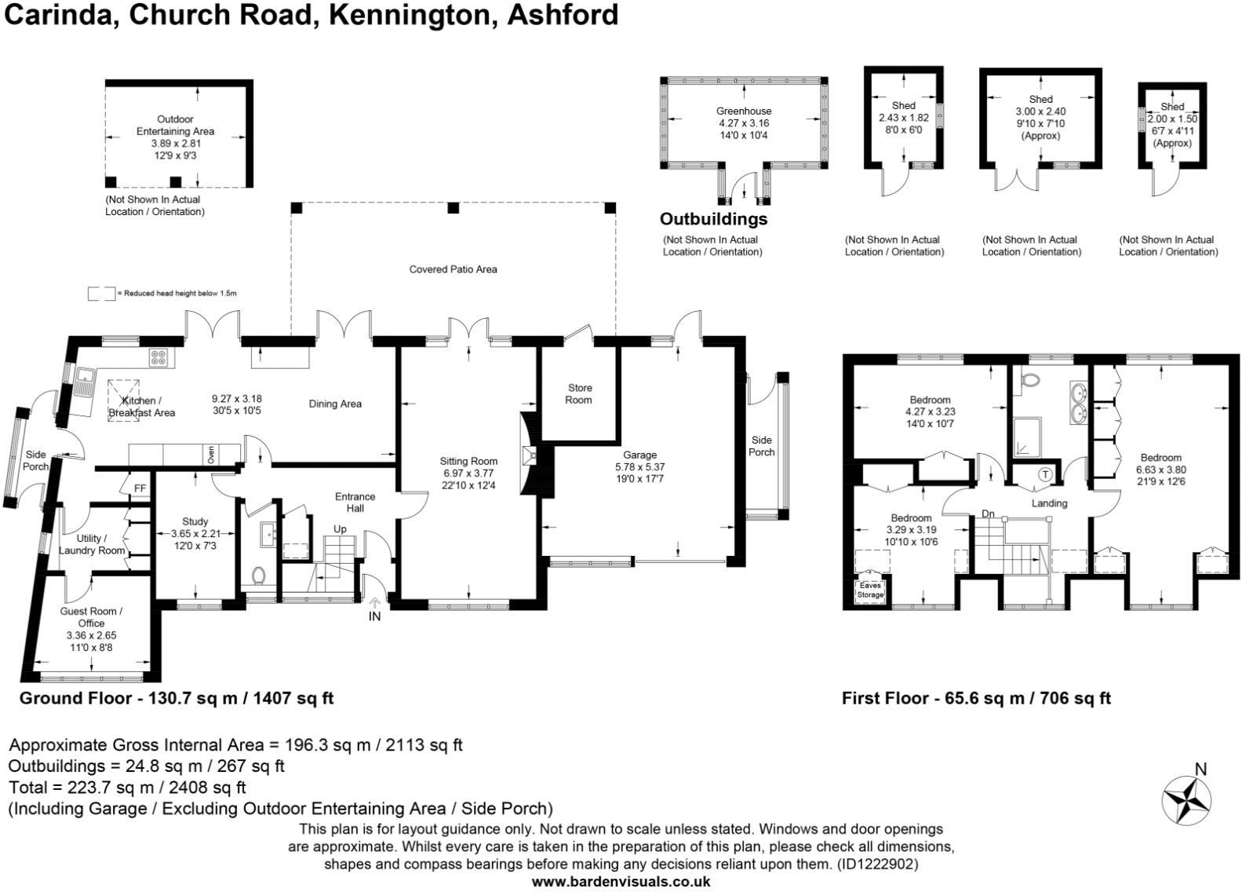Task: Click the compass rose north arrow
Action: (1186, 799)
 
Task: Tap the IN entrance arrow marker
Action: (374, 604)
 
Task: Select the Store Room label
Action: (579, 393)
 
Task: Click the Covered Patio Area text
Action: (453, 269)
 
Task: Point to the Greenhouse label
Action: (743, 111)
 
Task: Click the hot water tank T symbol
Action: (1046, 474)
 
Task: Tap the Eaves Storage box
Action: (869, 590)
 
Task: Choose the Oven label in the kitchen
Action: (210, 455)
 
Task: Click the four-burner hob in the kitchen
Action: (158, 357)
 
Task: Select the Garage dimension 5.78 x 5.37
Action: (639, 466)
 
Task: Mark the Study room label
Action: (195, 521)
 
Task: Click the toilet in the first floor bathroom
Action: (1031, 381)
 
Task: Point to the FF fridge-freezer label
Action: (140, 488)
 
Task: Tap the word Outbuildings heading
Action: (713, 219)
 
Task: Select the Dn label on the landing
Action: (988, 514)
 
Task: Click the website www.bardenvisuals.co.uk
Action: (621, 882)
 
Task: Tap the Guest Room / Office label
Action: (91, 617)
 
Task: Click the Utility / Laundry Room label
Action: (91, 544)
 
